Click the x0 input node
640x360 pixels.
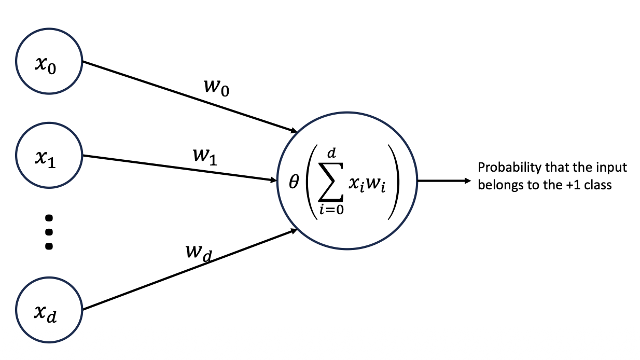point(49,68)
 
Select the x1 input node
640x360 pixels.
point(49,156)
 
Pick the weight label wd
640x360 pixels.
point(198,253)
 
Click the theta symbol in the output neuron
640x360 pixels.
point(294,182)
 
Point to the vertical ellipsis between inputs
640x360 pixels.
point(49,231)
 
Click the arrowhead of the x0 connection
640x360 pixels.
point(292,130)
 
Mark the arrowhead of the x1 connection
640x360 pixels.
point(273,181)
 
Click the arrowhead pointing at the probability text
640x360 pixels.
point(466,181)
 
